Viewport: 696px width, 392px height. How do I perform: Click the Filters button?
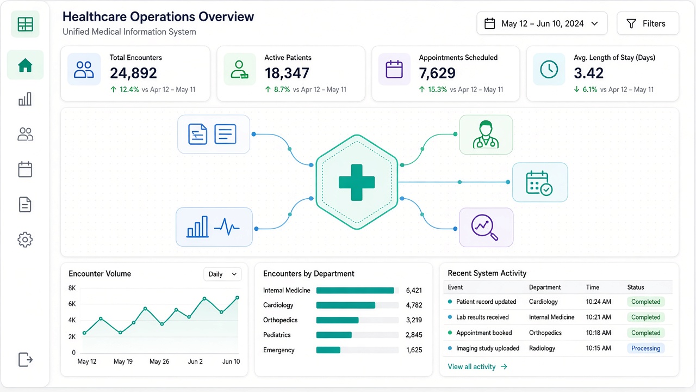[648, 23]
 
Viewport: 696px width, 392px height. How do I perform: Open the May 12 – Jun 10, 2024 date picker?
[542, 23]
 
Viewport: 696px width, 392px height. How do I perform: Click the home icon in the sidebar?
[25, 65]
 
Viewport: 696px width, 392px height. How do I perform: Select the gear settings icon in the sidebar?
[25, 240]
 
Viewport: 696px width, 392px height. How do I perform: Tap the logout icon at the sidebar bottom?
[26, 360]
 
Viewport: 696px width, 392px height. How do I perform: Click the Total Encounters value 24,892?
[133, 73]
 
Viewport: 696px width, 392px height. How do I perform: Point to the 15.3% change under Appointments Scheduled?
[437, 90]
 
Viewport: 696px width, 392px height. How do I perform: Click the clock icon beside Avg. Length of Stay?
[549, 69]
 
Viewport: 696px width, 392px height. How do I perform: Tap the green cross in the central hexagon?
[357, 182]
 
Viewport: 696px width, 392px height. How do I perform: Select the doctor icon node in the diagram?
[486, 134]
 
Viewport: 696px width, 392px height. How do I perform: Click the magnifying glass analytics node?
[486, 228]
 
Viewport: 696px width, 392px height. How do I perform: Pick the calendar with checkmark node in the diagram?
[540, 182]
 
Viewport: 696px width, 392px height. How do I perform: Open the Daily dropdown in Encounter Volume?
[222, 274]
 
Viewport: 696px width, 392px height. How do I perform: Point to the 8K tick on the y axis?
[72, 288]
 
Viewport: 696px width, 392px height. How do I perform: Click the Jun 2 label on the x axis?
[195, 362]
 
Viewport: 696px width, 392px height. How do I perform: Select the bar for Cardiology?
[345, 305]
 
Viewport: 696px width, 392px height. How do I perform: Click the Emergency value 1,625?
[414, 350]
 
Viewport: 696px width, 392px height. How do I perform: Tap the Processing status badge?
[645, 348]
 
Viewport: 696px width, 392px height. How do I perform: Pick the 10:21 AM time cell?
[599, 317]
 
